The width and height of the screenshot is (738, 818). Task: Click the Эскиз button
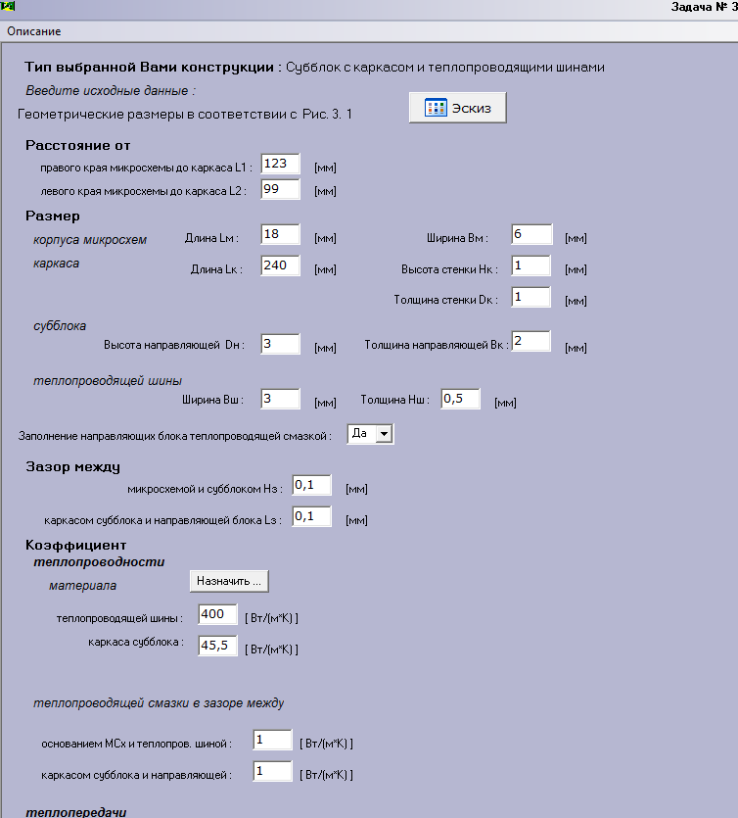tap(457, 108)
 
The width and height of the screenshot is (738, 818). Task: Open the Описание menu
tap(34, 31)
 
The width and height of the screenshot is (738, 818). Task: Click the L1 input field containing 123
tap(281, 164)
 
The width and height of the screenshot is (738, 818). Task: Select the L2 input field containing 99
tap(281, 189)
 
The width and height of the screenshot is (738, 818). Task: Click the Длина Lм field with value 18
tap(281, 235)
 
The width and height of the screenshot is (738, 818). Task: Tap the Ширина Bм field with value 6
tap(530, 235)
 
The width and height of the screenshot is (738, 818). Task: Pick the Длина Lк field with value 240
tap(281, 265)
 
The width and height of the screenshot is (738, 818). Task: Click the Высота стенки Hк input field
tap(530, 266)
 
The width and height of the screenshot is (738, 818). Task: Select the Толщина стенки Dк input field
tap(530, 297)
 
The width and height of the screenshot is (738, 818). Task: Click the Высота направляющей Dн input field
tap(281, 343)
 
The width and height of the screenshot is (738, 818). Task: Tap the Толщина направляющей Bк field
tap(530, 341)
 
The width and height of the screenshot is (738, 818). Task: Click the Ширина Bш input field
tap(281, 398)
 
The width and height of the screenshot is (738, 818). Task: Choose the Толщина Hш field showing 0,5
tap(460, 399)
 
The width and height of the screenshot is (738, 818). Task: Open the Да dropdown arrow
tap(384, 433)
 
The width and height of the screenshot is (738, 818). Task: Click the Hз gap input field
tap(311, 486)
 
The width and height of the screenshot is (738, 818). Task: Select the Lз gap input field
tap(311, 517)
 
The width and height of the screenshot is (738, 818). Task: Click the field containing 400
tap(217, 614)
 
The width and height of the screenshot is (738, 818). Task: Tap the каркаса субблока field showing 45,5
tap(217, 646)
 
